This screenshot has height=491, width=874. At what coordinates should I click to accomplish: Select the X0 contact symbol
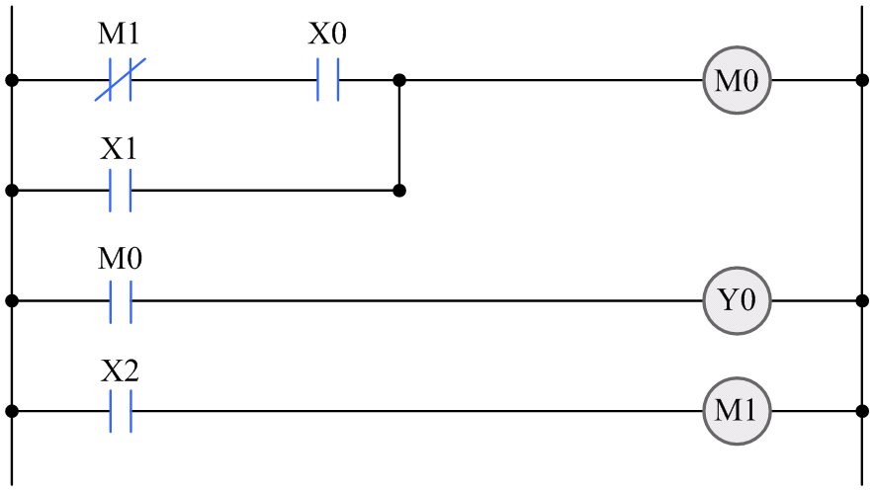[x=327, y=80]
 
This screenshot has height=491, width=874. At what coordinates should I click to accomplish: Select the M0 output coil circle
[x=737, y=80]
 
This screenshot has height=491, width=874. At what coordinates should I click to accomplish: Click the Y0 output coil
[x=737, y=300]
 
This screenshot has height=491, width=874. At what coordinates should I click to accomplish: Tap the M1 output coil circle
[x=737, y=410]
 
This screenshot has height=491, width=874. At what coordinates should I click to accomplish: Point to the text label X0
[x=327, y=36]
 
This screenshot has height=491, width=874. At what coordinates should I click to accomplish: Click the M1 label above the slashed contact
[x=119, y=36]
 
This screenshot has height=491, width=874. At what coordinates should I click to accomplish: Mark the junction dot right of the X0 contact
[x=399, y=80]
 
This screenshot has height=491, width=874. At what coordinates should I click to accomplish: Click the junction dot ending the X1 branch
[x=399, y=190]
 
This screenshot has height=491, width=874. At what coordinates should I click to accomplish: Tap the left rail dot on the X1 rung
[x=11, y=190]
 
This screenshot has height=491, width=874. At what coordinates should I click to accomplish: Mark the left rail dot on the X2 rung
[x=11, y=410]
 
